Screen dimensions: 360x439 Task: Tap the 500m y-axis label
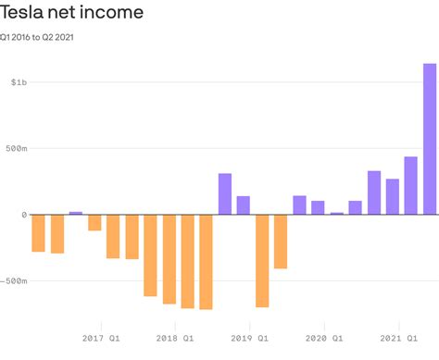point(15,148)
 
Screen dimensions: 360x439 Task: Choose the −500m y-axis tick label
point(17,280)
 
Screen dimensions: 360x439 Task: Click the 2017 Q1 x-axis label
point(101,339)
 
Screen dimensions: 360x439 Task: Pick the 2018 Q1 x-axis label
point(176,339)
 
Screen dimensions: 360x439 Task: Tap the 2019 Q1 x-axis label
point(251,339)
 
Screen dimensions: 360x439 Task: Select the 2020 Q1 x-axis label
point(326,339)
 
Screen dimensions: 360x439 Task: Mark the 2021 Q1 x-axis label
point(400,339)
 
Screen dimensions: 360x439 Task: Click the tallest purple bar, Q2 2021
point(430,139)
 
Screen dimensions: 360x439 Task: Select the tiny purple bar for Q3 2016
point(76,213)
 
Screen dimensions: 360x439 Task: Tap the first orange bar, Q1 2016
point(38,232)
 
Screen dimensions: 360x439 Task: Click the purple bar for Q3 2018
point(225,194)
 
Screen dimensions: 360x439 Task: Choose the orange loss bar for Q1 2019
point(262,260)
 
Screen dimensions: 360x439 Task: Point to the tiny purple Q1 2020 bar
point(336,213)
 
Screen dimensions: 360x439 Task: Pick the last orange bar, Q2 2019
point(281,241)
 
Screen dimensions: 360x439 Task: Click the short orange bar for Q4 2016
point(94,222)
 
